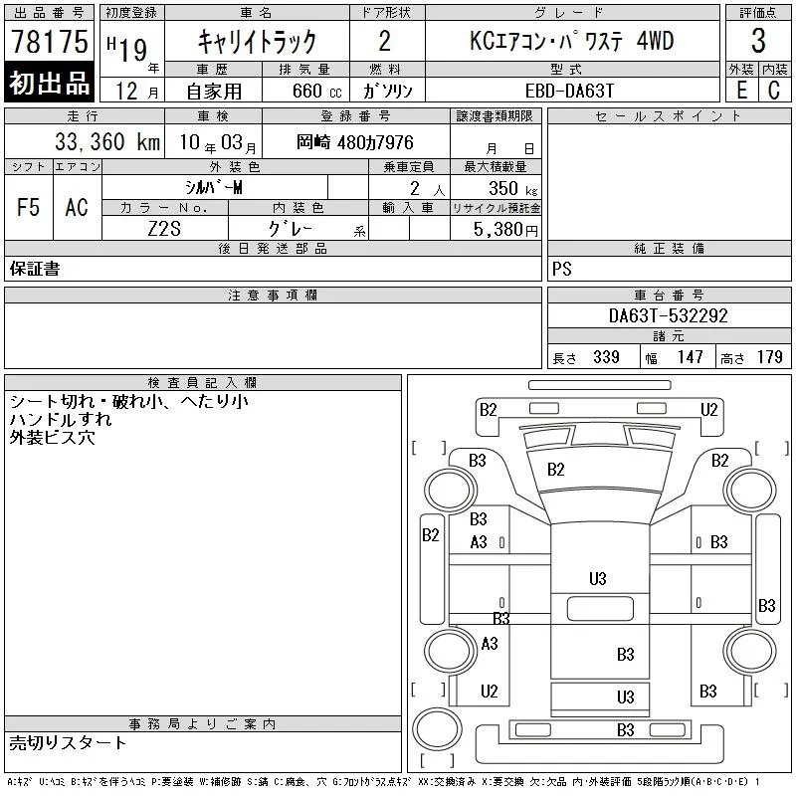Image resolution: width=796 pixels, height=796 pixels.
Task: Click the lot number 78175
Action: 50,41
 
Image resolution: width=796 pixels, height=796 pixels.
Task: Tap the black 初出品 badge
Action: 49,82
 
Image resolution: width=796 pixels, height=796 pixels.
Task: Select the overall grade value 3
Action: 758,41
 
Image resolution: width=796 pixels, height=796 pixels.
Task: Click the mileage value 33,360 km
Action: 107,142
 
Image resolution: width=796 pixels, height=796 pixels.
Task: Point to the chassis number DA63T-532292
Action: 668,315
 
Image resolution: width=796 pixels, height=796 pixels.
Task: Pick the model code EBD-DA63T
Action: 569,91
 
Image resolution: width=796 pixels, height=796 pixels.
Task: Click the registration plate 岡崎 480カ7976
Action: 355,142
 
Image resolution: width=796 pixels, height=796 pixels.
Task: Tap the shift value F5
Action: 29,207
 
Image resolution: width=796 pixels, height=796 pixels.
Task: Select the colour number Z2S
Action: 164,229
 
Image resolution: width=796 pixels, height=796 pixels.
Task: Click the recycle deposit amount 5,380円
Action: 505,230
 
